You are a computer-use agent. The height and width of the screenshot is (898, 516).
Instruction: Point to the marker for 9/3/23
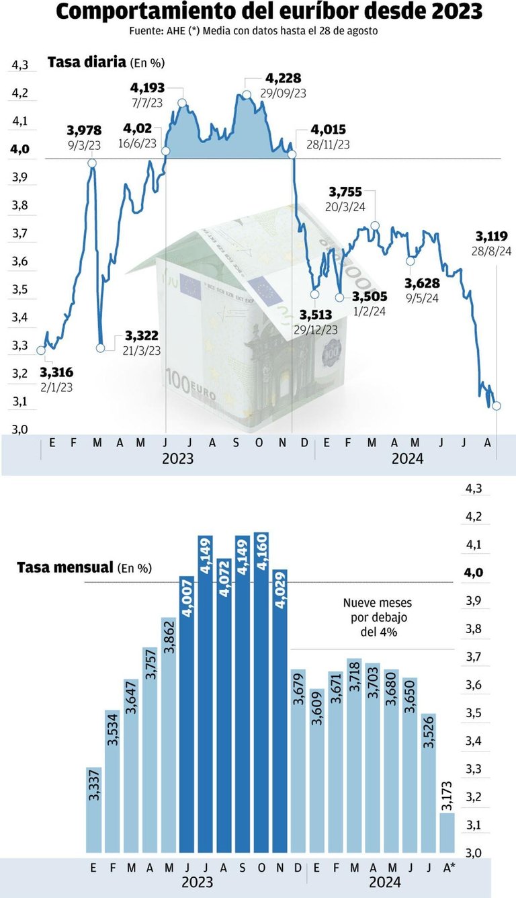pos(91,163)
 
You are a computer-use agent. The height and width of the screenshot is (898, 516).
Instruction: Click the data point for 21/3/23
pos(101,348)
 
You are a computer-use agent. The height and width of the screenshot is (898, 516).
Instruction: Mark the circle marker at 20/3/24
pos(374,226)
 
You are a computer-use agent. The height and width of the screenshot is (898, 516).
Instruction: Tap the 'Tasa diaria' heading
pos(87,63)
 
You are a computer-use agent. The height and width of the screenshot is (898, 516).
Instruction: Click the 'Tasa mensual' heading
pos(64,568)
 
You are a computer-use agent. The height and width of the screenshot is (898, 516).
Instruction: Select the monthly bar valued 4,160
pos(261,692)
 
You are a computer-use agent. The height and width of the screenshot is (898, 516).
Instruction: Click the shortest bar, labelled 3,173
pos(447,833)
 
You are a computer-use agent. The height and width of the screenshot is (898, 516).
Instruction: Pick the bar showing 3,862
pos(169,735)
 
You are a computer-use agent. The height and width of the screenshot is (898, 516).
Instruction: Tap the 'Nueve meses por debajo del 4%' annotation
pos(377,617)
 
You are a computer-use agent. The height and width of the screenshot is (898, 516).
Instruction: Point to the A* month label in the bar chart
pos(447,867)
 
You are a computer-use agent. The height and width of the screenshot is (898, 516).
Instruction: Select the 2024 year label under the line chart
pos(407,458)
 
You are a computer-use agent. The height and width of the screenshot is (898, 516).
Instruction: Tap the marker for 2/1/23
pos(41,350)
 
